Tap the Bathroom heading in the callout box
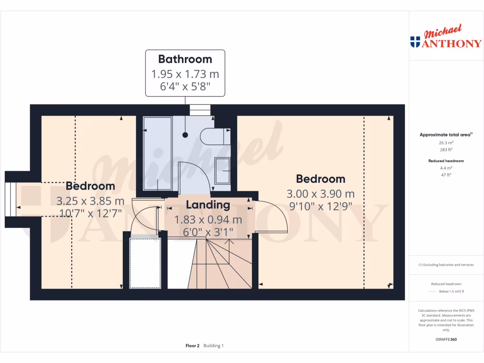point(185,59)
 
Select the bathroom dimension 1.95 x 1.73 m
point(185,74)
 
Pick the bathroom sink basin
point(222,170)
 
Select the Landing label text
point(208,205)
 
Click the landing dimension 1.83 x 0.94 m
point(208,220)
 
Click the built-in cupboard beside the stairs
point(145,262)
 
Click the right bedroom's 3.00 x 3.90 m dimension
point(320,194)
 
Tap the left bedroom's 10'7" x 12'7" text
point(90,213)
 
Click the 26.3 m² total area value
point(446,142)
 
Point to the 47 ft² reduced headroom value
point(446,174)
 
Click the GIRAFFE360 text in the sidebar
point(446,339)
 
